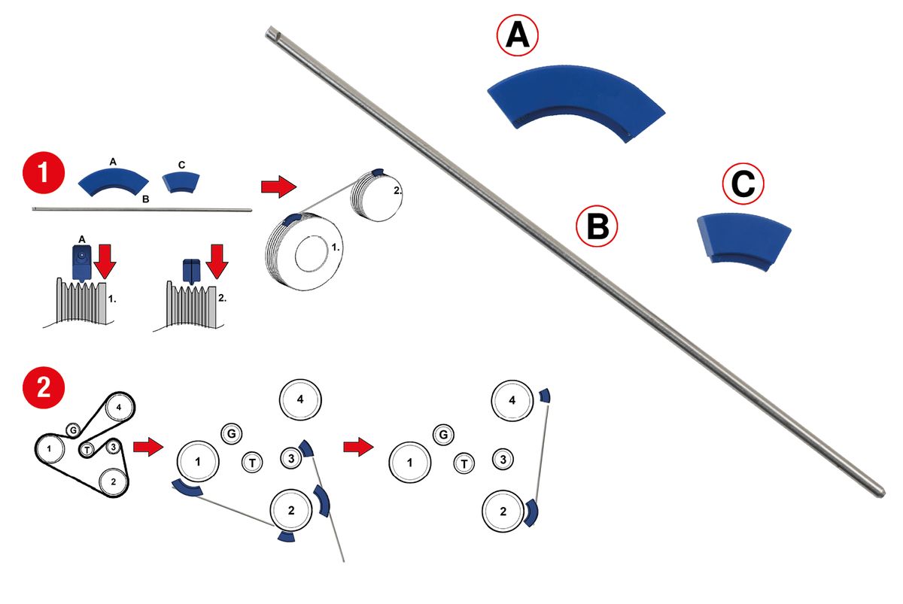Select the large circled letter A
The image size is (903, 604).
pyautogui.click(x=517, y=38)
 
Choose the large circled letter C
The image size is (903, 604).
pyautogui.click(x=743, y=185)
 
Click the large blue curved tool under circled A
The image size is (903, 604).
pyautogui.click(x=576, y=102)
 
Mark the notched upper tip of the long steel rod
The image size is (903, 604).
pyautogui.click(x=271, y=32)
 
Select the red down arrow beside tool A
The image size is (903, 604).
pyautogui.click(x=105, y=260)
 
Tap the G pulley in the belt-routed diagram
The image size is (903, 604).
pyautogui.click(x=73, y=429)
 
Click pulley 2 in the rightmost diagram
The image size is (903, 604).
pyautogui.click(x=502, y=511)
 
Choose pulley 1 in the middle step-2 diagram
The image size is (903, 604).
pyautogui.click(x=198, y=462)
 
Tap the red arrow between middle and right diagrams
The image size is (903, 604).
pyautogui.click(x=358, y=448)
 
